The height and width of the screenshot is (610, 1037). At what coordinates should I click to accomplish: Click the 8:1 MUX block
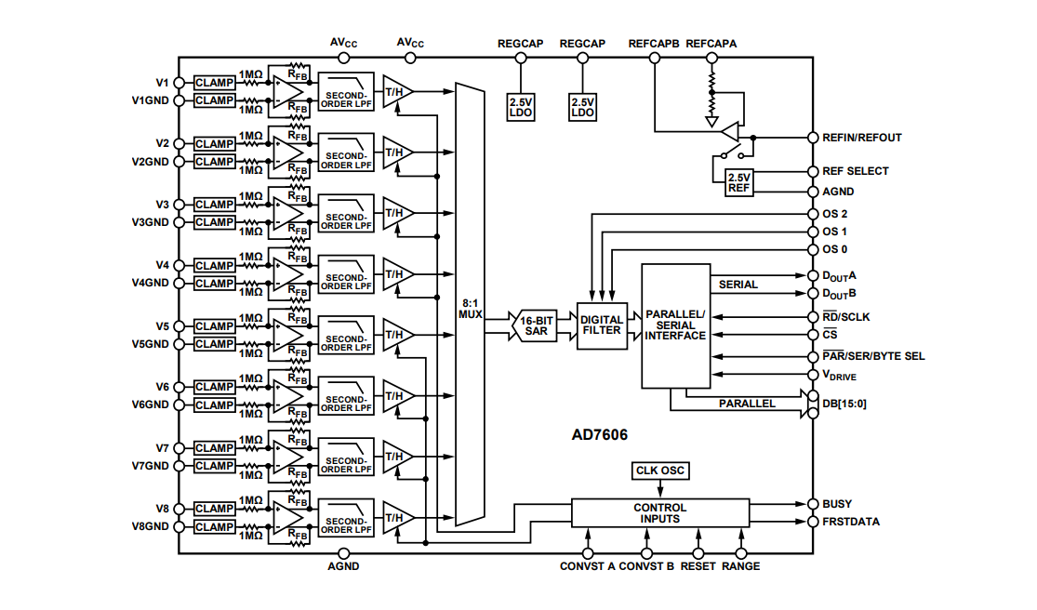[470, 308]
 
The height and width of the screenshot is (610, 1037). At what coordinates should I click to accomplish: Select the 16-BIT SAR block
[537, 325]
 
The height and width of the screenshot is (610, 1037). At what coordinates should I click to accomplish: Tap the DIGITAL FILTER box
[602, 325]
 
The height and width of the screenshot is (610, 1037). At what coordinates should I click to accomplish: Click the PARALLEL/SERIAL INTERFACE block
[675, 325]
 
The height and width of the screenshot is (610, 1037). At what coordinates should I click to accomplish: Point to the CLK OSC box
[659, 471]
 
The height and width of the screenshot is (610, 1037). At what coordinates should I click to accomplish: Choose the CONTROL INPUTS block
[659, 513]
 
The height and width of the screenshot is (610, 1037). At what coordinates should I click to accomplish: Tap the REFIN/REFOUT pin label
[861, 138]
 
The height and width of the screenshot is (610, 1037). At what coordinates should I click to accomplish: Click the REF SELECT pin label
[855, 171]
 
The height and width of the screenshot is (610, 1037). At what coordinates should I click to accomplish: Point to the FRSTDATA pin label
[850, 522]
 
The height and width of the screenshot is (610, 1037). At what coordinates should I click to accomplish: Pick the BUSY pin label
[836, 504]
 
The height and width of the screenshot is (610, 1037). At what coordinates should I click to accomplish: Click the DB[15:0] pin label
[844, 404]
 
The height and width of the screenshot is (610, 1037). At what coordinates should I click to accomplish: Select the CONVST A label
[587, 566]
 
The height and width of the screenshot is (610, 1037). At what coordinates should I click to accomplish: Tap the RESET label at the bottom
[698, 566]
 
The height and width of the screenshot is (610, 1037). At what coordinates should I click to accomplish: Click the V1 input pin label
[162, 83]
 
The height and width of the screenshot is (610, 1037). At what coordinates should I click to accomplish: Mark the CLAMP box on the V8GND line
[214, 527]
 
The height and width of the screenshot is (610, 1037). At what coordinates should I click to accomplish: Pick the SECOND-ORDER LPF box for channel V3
[346, 221]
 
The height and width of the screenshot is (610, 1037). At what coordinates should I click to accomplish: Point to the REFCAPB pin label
[654, 44]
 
